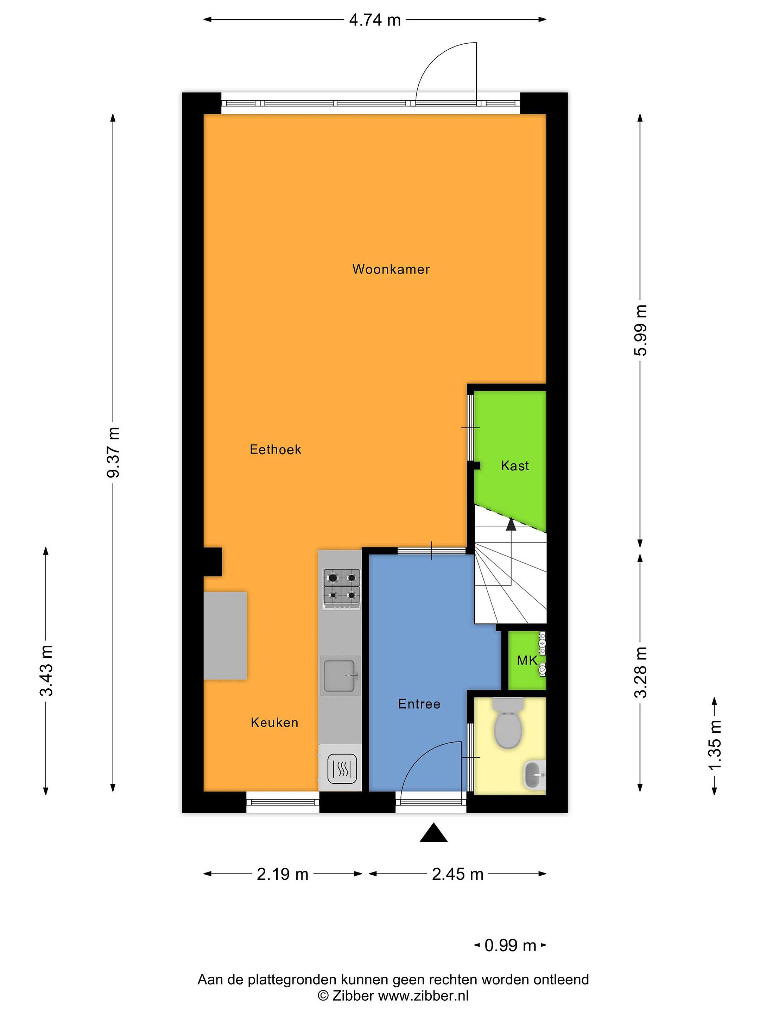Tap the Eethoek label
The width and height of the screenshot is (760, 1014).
pyautogui.click(x=275, y=449)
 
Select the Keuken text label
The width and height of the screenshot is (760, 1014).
pyautogui.click(x=274, y=722)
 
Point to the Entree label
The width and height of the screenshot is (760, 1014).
pyautogui.click(x=419, y=704)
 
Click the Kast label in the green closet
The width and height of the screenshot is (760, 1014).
pyautogui.click(x=515, y=466)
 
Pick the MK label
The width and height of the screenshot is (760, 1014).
pyautogui.click(x=527, y=660)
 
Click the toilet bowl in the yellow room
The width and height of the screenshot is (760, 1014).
pyautogui.click(x=508, y=723)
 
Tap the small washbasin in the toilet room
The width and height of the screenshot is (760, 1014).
pyautogui.click(x=534, y=775)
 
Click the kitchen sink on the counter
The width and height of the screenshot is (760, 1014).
pyautogui.click(x=340, y=675)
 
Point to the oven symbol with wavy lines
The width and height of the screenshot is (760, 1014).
pyautogui.click(x=342, y=769)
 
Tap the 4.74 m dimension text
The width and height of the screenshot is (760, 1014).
pyautogui.click(x=375, y=20)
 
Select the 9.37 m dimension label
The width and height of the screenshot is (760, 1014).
pyautogui.click(x=113, y=452)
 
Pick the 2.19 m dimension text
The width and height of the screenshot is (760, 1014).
pyautogui.click(x=282, y=875)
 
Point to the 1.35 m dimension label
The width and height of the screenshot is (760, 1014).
pyautogui.click(x=715, y=746)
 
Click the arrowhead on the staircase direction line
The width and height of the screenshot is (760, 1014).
pyautogui.click(x=511, y=524)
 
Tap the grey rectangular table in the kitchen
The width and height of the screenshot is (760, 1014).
pyautogui.click(x=226, y=636)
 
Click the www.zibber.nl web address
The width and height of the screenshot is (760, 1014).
pyautogui.click(x=423, y=996)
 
